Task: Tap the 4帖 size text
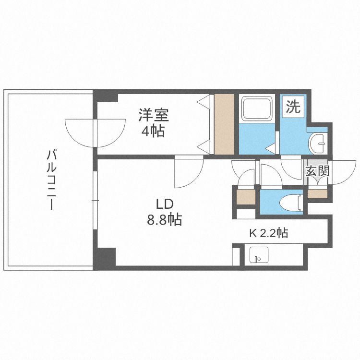pos(153,131)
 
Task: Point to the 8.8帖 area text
pos(164,220)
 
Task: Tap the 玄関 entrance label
pos(317,171)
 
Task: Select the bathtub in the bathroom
pos(257,108)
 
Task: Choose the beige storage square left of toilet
pos(246,196)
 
